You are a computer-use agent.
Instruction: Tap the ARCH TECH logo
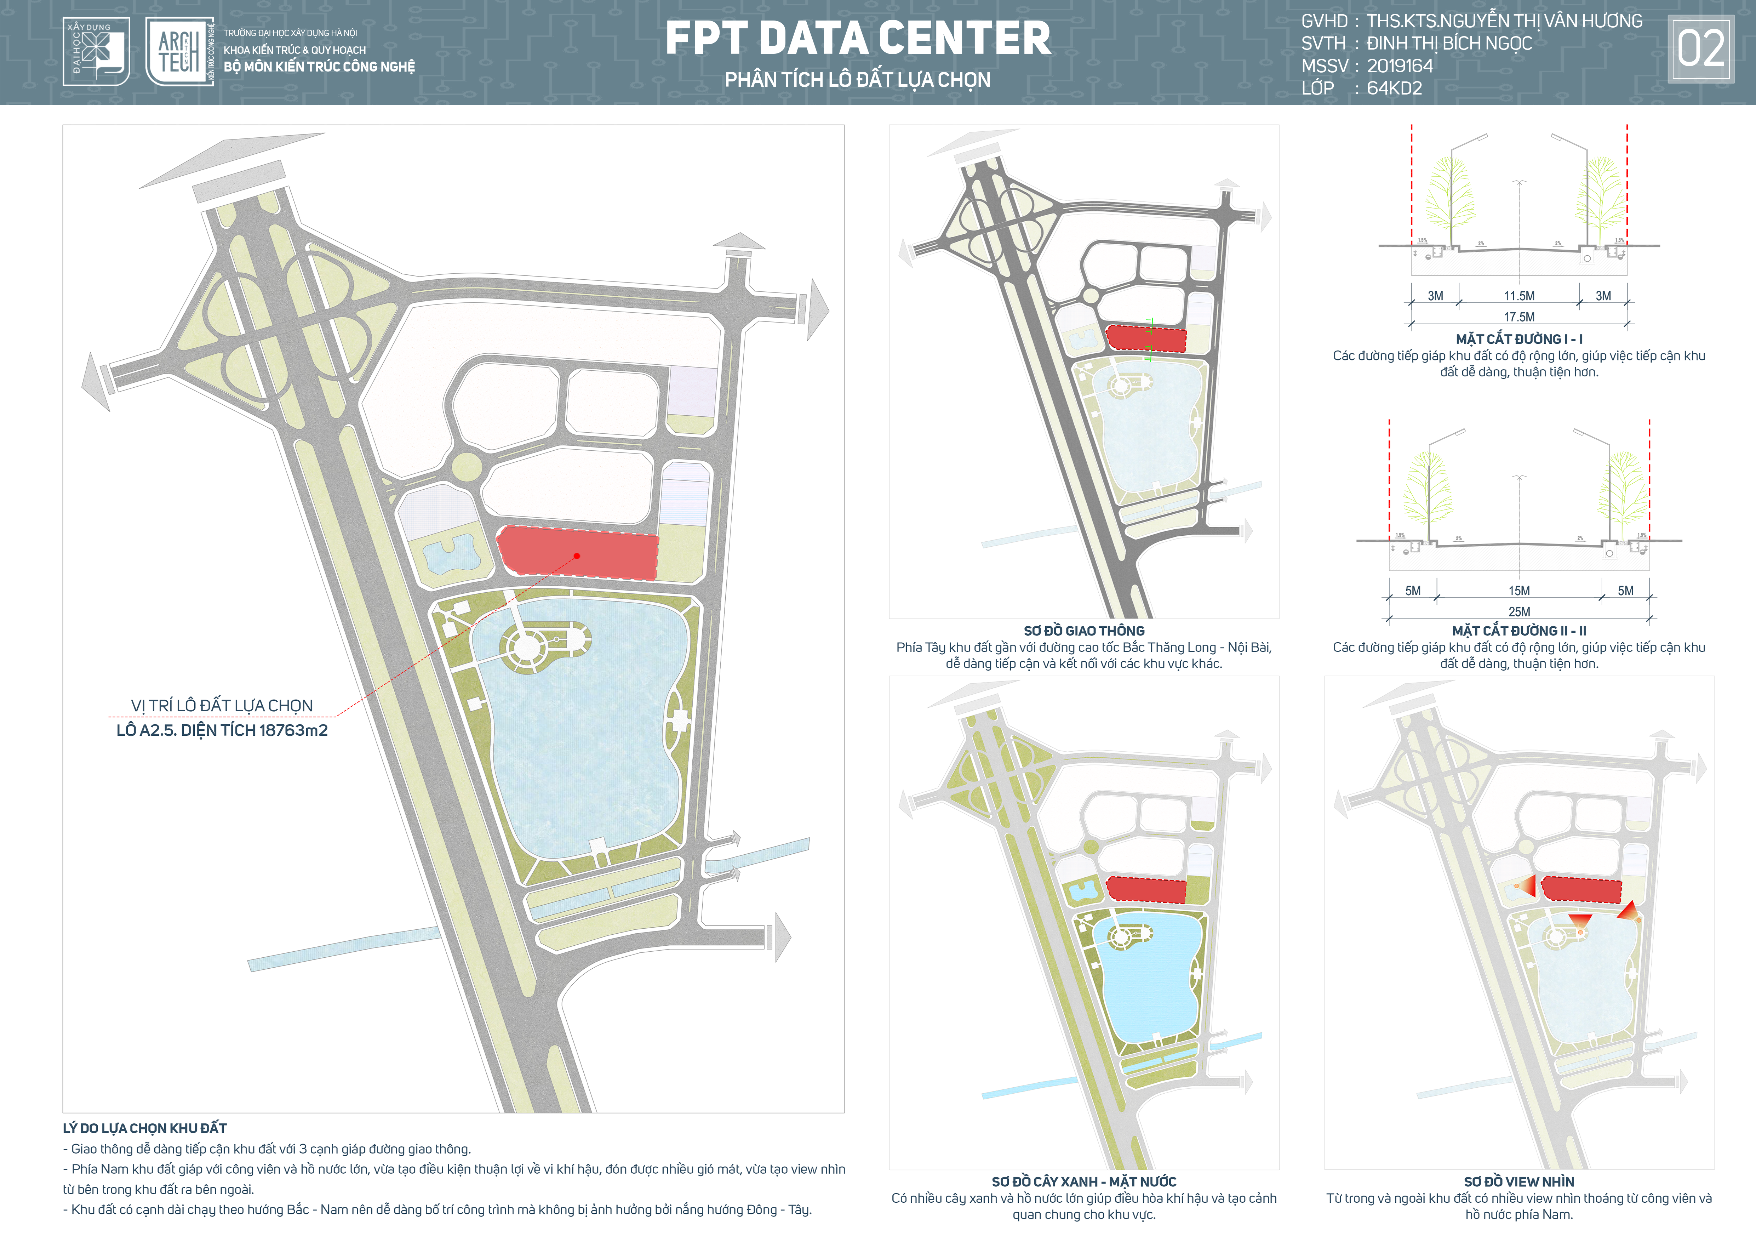coord(179,52)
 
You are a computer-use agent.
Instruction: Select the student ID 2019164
coord(1400,66)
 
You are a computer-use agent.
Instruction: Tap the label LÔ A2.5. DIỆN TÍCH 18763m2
coord(222,730)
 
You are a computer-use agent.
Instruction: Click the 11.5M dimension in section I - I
coord(1519,296)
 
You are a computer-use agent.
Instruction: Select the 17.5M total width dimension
coord(1519,317)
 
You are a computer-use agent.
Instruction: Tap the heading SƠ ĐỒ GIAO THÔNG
coord(1084,631)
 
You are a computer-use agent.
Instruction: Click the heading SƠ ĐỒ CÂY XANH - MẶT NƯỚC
coord(1084,1181)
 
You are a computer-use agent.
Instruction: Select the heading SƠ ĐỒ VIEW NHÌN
coord(1519,1181)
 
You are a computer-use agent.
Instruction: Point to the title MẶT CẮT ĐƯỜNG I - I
coord(1519,339)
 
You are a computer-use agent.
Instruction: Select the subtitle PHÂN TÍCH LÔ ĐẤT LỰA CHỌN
coord(857,80)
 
